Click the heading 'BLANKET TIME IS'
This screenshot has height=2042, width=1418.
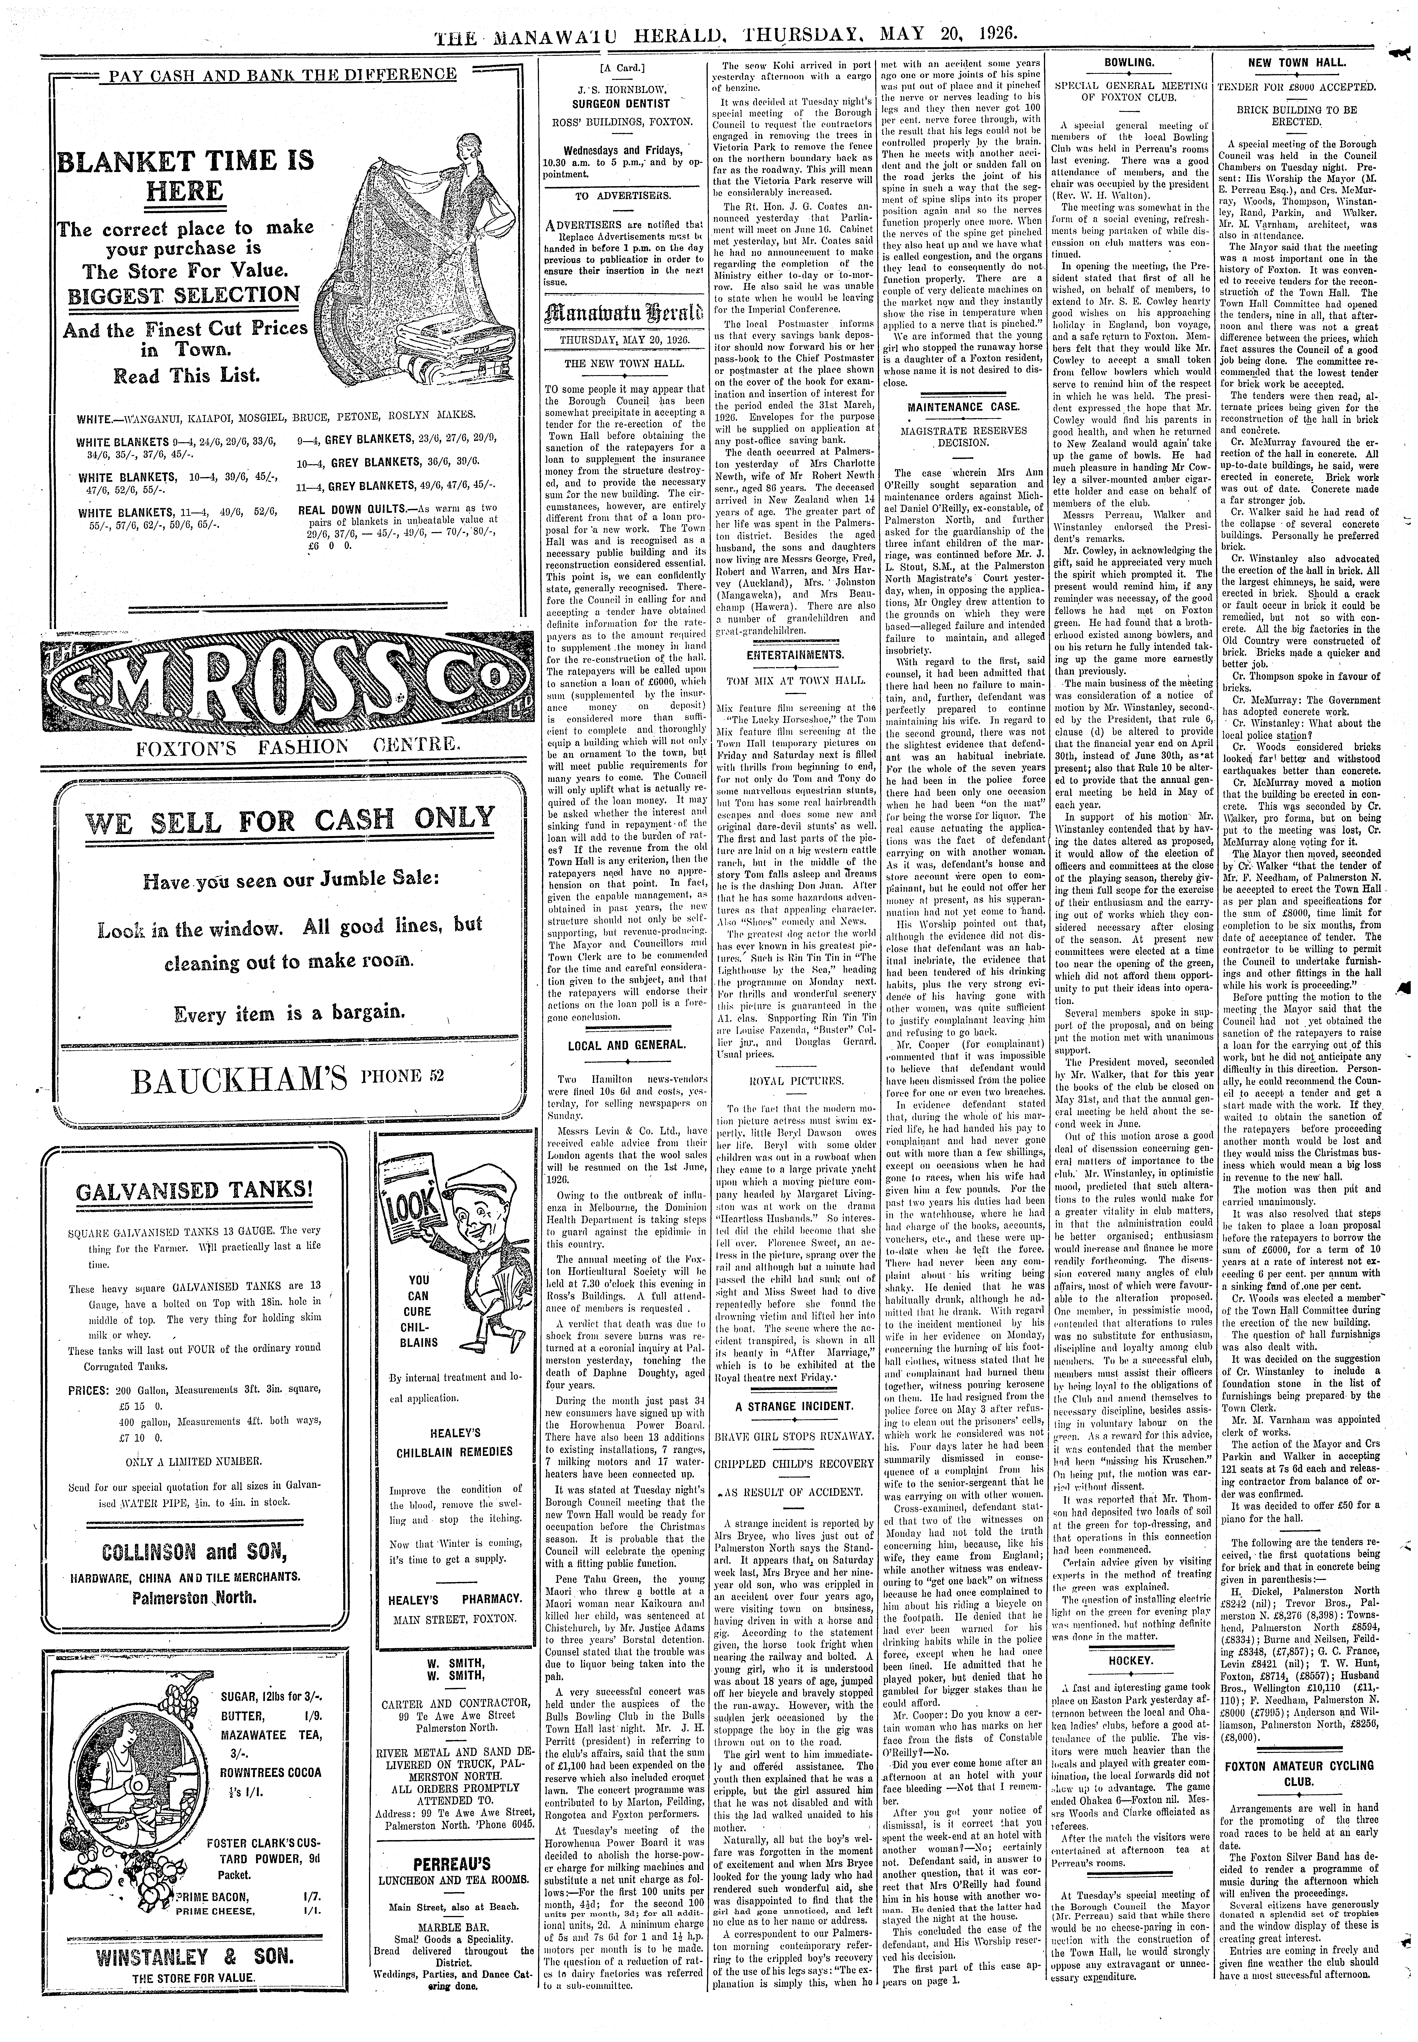[185, 161]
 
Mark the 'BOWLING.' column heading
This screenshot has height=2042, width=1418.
[1128, 63]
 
